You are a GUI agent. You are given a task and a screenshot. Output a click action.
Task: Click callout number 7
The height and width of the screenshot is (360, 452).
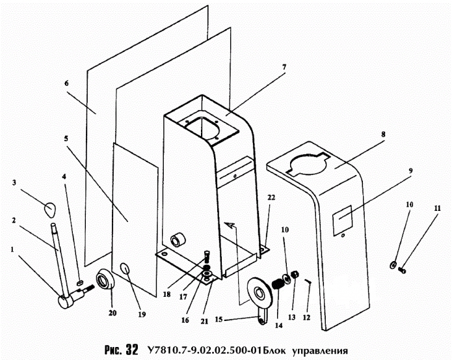[x=284, y=67]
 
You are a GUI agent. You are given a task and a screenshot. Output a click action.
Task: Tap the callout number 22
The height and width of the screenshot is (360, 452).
[x=271, y=197]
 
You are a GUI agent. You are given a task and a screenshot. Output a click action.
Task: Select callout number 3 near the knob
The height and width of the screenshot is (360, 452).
[x=14, y=182]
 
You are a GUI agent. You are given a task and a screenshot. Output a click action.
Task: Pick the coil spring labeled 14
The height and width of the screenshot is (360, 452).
[x=278, y=284]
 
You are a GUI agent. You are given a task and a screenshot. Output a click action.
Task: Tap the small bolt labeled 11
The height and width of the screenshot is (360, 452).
[x=402, y=270]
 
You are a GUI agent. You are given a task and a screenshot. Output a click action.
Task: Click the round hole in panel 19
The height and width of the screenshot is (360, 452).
[x=125, y=269]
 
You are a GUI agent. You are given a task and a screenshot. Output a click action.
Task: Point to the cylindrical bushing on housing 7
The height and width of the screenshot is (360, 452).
[x=178, y=240]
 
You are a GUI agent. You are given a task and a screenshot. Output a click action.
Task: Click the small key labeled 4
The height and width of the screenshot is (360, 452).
[x=81, y=282]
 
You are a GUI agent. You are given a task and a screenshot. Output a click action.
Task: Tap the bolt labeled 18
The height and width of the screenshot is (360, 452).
[x=207, y=256]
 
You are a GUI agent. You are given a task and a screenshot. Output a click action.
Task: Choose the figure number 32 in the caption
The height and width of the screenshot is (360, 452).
[x=132, y=350]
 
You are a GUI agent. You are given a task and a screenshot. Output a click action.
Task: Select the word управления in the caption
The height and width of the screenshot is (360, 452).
[x=320, y=351]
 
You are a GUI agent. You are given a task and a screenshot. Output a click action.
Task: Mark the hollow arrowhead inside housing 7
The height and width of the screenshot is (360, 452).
[x=230, y=225]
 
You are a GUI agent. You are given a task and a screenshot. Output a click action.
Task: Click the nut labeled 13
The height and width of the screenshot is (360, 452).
[x=295, y=275]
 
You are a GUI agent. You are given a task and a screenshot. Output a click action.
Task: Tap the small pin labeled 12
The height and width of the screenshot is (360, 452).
[x=308, y=281]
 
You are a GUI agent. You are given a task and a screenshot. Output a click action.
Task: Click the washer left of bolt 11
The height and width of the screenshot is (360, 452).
[x=393, y=264]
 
